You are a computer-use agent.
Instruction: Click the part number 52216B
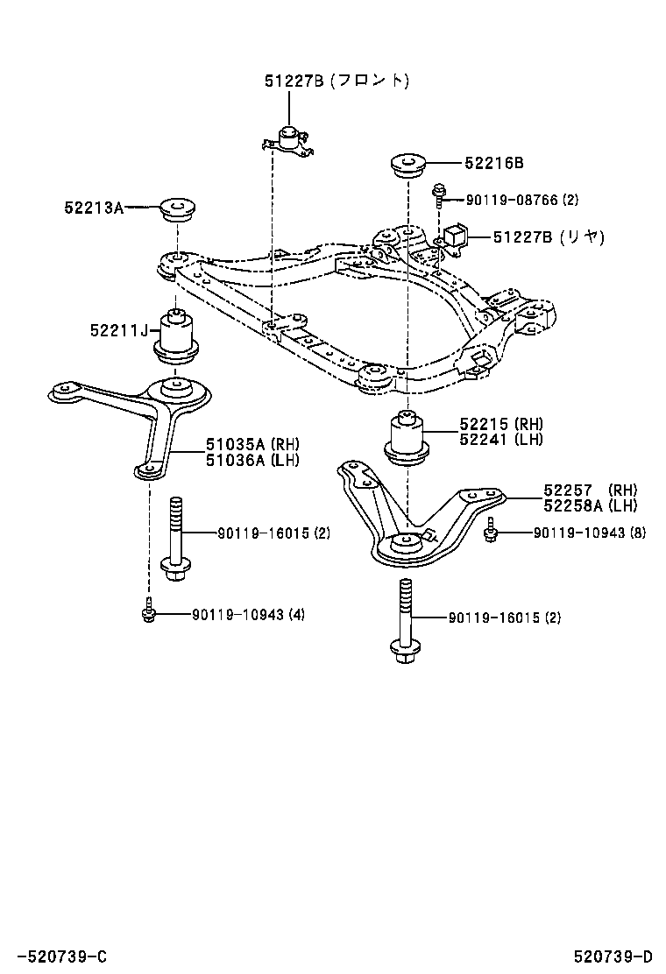click(494, 163)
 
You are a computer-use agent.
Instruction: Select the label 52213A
click(93, 208)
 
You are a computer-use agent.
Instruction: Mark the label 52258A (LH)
click(590, 505)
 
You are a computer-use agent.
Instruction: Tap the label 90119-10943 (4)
click(249, 615)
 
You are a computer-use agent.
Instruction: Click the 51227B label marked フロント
click(337, 81)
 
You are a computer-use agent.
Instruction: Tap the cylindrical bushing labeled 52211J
click(177, 337)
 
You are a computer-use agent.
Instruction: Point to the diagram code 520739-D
click(613, 956)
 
